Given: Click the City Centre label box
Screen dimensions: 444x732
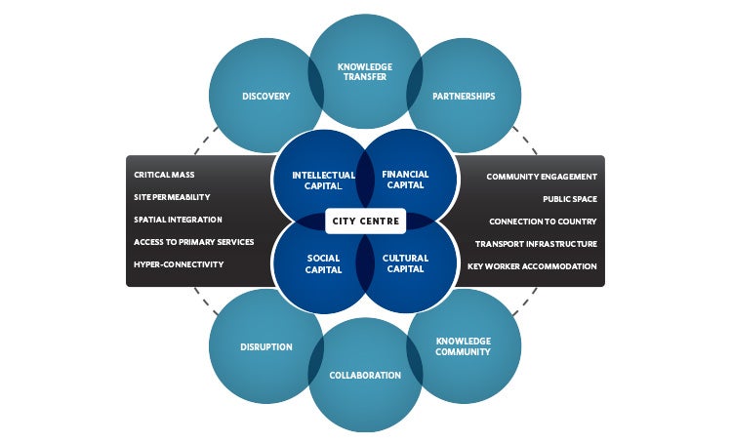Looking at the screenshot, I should tap(365, 221).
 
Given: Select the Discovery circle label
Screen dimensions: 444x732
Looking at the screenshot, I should tap(265, 97).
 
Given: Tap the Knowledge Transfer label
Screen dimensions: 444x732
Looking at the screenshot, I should tap(364, 73).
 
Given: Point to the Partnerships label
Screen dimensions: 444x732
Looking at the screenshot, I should tap(463, 97).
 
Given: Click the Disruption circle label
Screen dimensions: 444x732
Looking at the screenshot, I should tap(265, 346).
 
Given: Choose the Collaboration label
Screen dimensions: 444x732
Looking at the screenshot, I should tap(364, 375).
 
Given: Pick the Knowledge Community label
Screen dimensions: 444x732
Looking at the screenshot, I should tap(463, 346).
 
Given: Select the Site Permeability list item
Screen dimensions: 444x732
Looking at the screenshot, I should tap(171, 198).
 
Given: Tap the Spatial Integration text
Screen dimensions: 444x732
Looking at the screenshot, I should tap(178, 221).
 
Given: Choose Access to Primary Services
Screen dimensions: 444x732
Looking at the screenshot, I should tap(193, 243).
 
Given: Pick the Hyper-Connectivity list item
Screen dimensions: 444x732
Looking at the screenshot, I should tap(179, 265).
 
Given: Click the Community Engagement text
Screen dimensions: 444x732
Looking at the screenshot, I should tap(542, 177).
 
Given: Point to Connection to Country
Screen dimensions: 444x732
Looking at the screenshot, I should tap(543, 222).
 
